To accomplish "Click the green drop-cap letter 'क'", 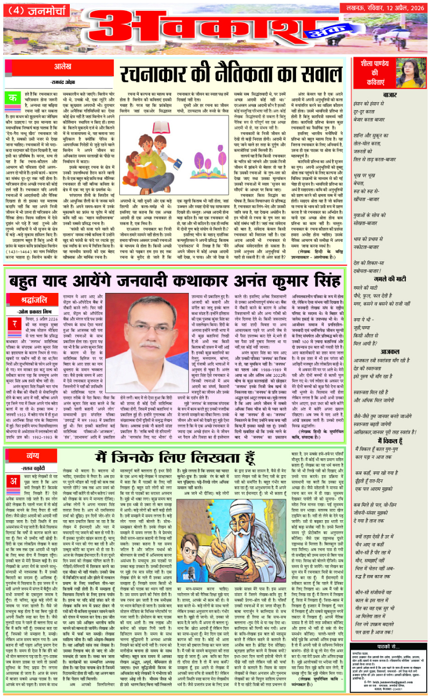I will pos(11,97).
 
